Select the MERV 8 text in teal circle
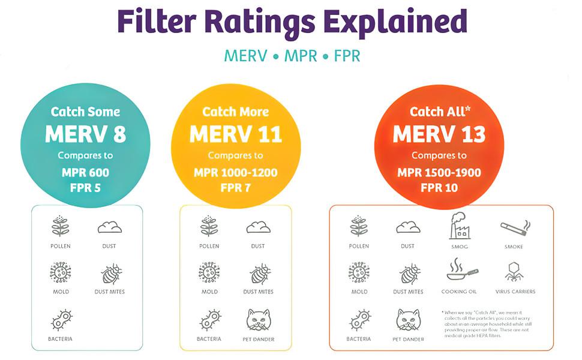tap(86, 134)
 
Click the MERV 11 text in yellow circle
tap(236, 134)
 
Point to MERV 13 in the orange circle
tap(439, 134)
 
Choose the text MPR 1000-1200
tap(236, 173)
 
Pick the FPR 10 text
tap(439, 188)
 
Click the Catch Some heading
tap(86, 112)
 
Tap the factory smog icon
tap(460, 226)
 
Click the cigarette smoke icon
tap(515, 227)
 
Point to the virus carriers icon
tap(515, 272)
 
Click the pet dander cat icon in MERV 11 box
tap(259, 319)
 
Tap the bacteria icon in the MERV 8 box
tap(61, 319)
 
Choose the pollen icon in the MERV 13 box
tap(359, 227)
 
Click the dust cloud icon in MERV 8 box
tap(109, 227)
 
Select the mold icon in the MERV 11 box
tap(209, 272)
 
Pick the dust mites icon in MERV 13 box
tap(409, 274)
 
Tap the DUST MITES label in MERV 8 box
tap(109, 292)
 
